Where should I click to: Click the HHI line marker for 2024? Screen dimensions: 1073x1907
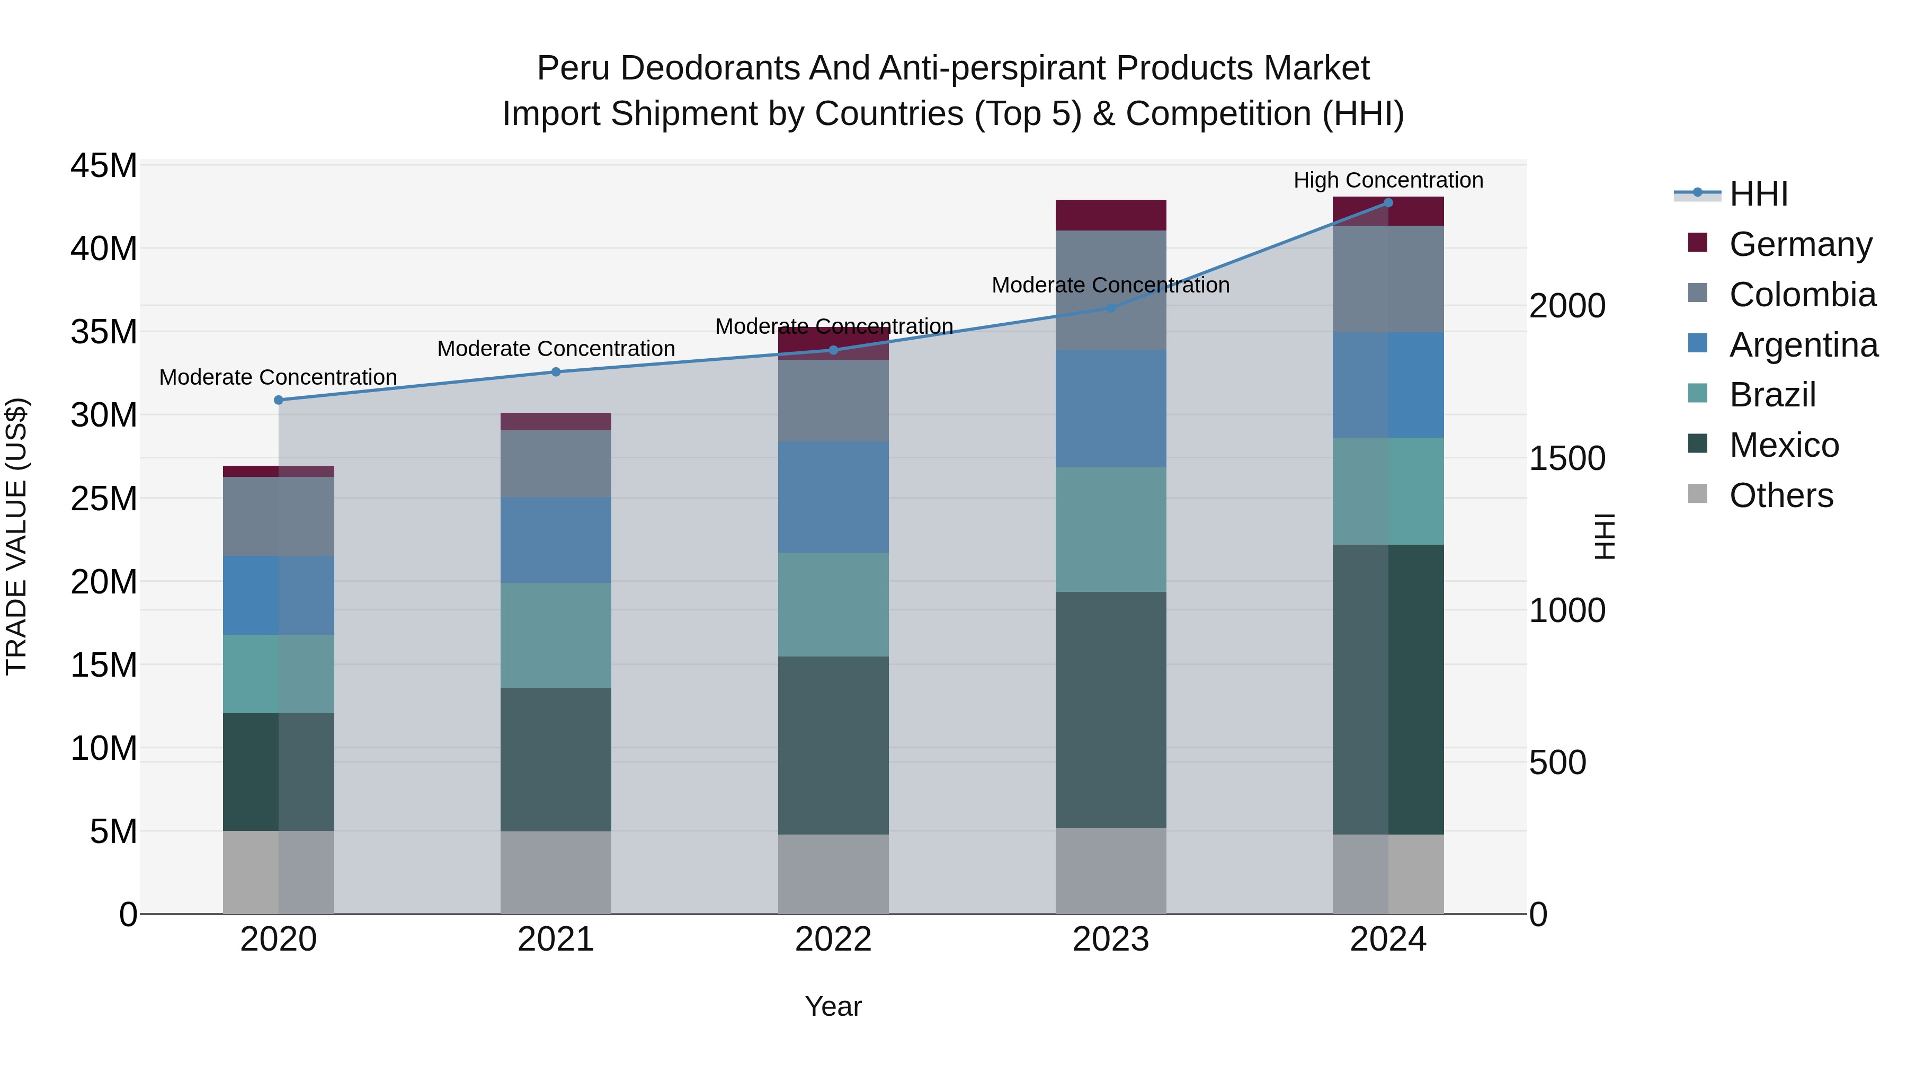pos(1388,202)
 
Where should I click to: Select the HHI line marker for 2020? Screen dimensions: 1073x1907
pos(278,400)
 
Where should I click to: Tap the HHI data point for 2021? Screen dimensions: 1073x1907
pos(556,372)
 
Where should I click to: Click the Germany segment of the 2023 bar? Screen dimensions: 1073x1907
pos(1110,215)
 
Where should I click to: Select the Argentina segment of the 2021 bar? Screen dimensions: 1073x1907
pos(556,540)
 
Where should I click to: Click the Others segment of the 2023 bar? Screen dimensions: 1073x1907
pos(1110,870)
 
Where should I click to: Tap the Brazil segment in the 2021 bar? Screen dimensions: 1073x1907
pos(556,635)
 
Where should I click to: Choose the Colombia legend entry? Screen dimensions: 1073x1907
pos(1802,295)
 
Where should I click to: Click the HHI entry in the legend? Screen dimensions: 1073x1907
pos(1758,194)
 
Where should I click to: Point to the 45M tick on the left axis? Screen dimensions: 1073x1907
pos(104,165)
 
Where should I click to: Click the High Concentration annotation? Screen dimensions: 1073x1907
pos(1388,180)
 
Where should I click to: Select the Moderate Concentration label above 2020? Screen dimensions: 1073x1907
pos(278,377)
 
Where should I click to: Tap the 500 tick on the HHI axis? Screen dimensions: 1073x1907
pos(1557,762)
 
